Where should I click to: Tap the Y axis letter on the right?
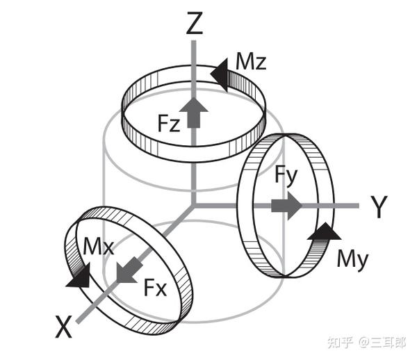[379, 207]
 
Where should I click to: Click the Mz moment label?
[250, 63]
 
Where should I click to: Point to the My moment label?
[352, 259]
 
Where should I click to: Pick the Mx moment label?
[98, 247]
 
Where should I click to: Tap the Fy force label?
[286, 175]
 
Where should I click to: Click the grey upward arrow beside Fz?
[195, 111]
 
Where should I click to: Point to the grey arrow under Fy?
[286, 205]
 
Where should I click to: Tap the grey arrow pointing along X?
[127, 268]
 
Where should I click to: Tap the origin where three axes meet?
[195, 206]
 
